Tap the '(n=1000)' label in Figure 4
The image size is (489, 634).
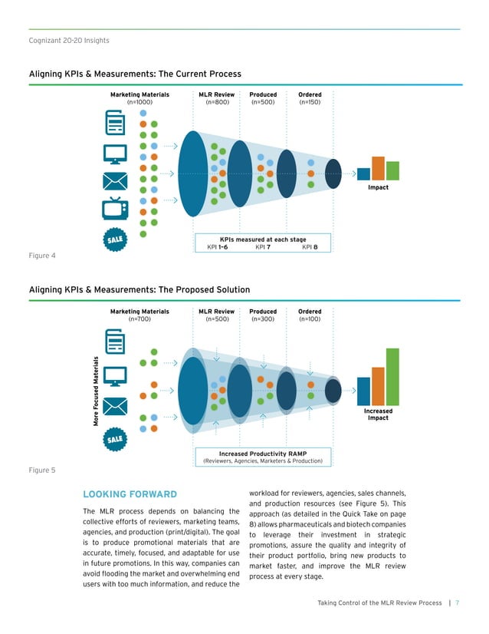[139, 102]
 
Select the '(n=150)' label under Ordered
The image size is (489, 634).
[310, 102]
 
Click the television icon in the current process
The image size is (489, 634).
[116, 208]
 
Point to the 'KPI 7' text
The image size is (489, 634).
[263, 247]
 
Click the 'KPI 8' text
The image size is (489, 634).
[310, 247]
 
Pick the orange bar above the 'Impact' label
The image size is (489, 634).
[378, 168]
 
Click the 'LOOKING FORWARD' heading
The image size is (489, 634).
[129, 494]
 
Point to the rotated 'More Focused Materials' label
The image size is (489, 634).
[97, 391]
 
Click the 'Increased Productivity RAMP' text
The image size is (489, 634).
[263, 453]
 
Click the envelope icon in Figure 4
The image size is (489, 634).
[116, 181]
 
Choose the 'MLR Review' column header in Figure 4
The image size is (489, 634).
[216, 95]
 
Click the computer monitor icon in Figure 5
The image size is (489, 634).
[116, 375]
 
